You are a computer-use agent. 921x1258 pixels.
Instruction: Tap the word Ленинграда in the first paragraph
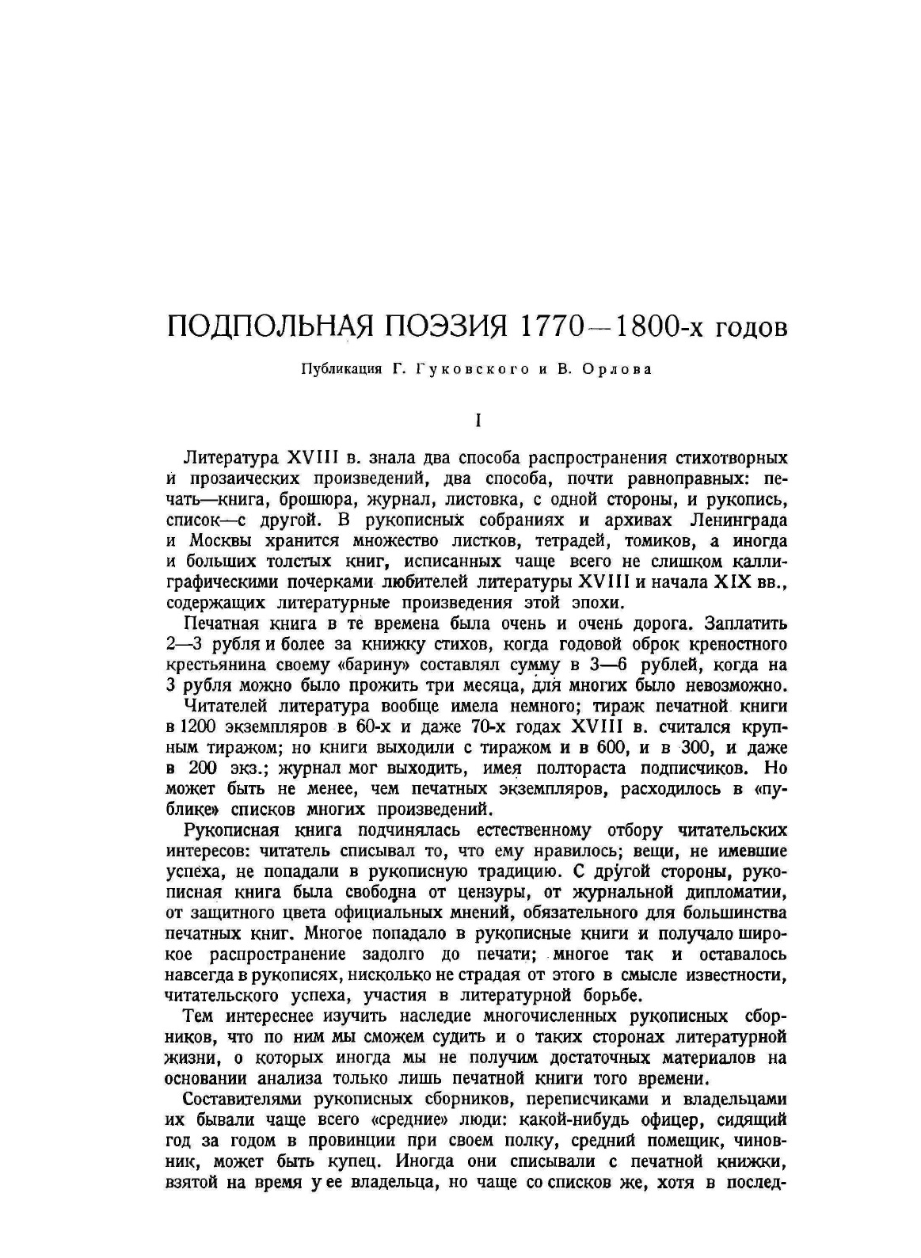738,520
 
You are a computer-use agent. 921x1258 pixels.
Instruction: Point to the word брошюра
376,500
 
